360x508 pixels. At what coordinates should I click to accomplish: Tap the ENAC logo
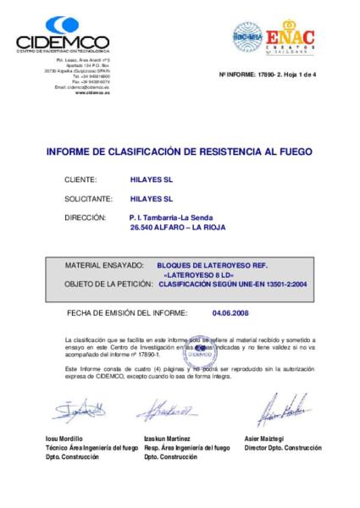(290, 37)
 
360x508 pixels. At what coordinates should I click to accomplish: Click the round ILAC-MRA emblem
(248, 36)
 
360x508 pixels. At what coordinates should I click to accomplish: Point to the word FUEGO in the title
(295, 152)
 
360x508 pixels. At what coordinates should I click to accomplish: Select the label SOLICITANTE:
(89, 199)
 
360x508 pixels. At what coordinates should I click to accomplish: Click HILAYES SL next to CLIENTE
(152, 179)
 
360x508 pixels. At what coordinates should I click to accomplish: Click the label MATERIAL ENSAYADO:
(105, 265)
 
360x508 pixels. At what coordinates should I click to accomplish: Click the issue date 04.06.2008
(229, 312)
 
